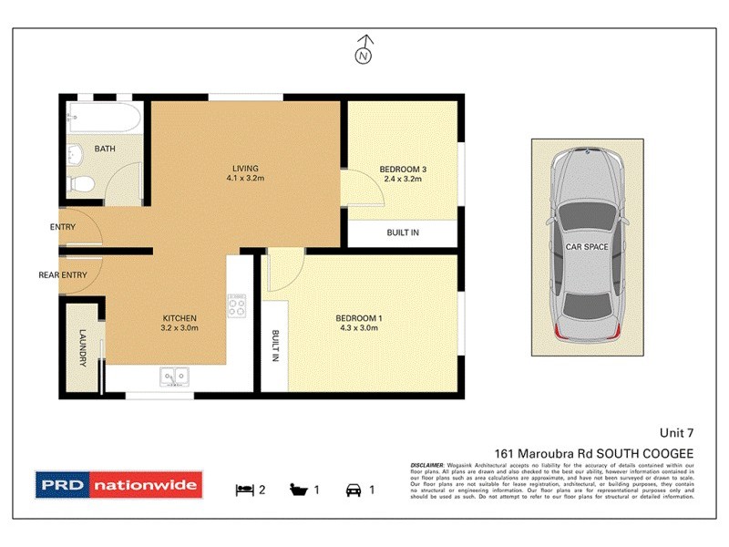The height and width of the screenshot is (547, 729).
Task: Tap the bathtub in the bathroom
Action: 103,119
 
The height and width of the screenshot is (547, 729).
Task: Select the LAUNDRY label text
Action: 83,348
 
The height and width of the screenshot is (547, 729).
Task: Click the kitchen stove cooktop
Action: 238,304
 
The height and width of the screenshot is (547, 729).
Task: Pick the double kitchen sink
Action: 173,375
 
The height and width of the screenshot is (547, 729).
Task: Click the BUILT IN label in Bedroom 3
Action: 402,233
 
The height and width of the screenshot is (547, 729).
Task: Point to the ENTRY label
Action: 63,227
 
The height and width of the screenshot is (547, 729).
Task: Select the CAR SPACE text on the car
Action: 587,246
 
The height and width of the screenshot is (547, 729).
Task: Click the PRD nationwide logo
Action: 118,485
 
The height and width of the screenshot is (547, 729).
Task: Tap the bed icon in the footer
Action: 243,490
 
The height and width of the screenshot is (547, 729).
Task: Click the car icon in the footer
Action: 353,490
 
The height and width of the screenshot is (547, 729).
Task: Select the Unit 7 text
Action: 676,434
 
